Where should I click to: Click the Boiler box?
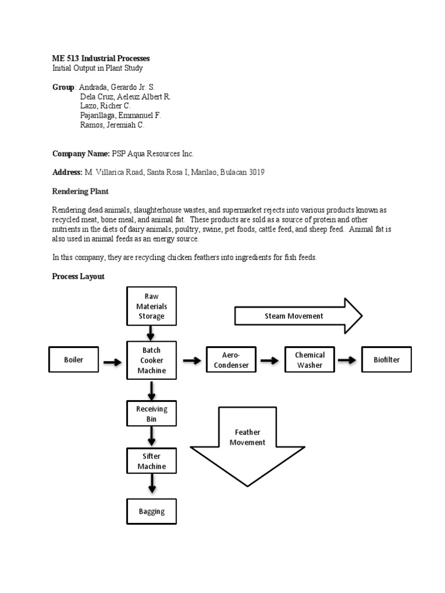[x=74, y=360]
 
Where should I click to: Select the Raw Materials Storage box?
[x=151, y=306]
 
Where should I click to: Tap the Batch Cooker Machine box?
[x=151, y=360]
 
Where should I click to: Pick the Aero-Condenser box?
[x=231, y=360]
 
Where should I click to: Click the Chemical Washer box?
[x=310, y=360]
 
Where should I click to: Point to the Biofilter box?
[x=386, y=360]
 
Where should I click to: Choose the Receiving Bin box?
[x=151, y=413]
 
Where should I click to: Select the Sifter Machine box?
[x=151, y=461]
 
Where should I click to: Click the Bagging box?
[x=151, y=511]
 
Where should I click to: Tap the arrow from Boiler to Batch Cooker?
[x=112, y=362]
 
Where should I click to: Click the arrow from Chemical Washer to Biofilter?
[x=348, y=360]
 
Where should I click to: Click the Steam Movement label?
[x=294, y=316]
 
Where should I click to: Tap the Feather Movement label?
[x=247, y=437]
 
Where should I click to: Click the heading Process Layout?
[x=78, y=277]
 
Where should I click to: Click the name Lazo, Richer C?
[x=105, y=106]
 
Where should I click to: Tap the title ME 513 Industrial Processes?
[x=101, y=58]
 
